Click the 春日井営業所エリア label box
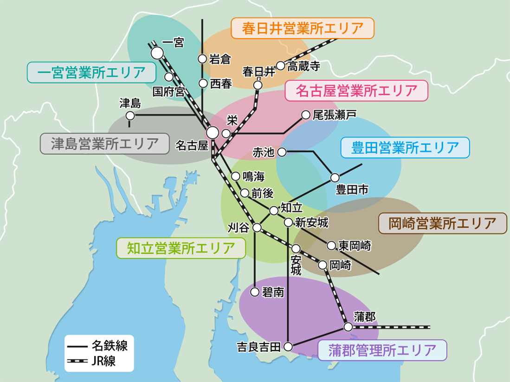(302, 28)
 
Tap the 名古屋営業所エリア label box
(355, 91)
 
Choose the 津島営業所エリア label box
(104, 144)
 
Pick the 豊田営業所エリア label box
(405, 148)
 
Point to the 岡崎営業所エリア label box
(441, 224)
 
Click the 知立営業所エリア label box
(180, 248)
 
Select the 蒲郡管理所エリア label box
(382, 350)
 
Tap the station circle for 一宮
(157, 53)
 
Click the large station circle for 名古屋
(213, 132)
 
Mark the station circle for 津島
(130, 115)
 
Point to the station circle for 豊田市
(335, 177)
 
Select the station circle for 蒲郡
(348, 326)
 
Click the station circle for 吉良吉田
(288, 346)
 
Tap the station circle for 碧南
(255, 292)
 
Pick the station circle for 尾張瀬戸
(305, 115)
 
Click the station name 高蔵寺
(304, 66)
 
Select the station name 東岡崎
(355, 246)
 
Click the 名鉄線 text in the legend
(110, 345)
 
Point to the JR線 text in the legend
(104, 361)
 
